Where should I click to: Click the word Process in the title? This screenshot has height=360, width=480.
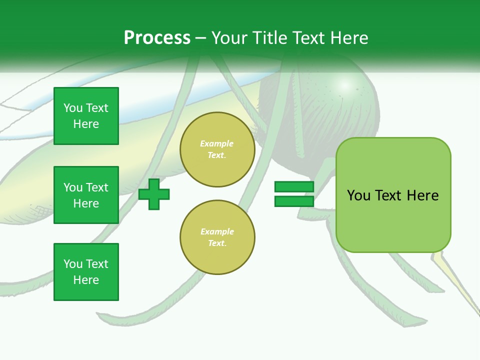[x=157, y=38]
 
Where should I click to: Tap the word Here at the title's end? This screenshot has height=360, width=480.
[x=349, y=38]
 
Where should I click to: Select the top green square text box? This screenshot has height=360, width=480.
[x=86, y=116]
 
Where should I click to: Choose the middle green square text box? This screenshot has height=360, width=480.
[x=86, y=195]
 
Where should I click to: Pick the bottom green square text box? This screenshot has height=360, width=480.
[x=86, y=271]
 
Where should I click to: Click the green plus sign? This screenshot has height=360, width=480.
[x=154, y=194]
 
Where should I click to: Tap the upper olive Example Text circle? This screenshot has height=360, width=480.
[x=217, y=149]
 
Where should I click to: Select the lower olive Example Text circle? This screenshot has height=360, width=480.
[x=217, y=237]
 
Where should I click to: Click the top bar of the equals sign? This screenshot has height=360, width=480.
[x=294, y=186]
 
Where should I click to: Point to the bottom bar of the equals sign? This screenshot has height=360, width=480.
[x=294, y=201]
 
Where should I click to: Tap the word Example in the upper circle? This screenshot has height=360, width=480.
[x=217, y=143]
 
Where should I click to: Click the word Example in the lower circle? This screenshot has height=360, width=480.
[x=217, y=231]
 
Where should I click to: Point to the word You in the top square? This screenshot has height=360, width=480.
[x=73, y=108]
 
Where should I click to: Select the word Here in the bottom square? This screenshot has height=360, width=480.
[x=86, y=280]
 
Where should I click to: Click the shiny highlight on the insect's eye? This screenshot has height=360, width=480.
[x=344, y=85]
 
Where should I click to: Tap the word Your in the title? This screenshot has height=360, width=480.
[x=228, y=38]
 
